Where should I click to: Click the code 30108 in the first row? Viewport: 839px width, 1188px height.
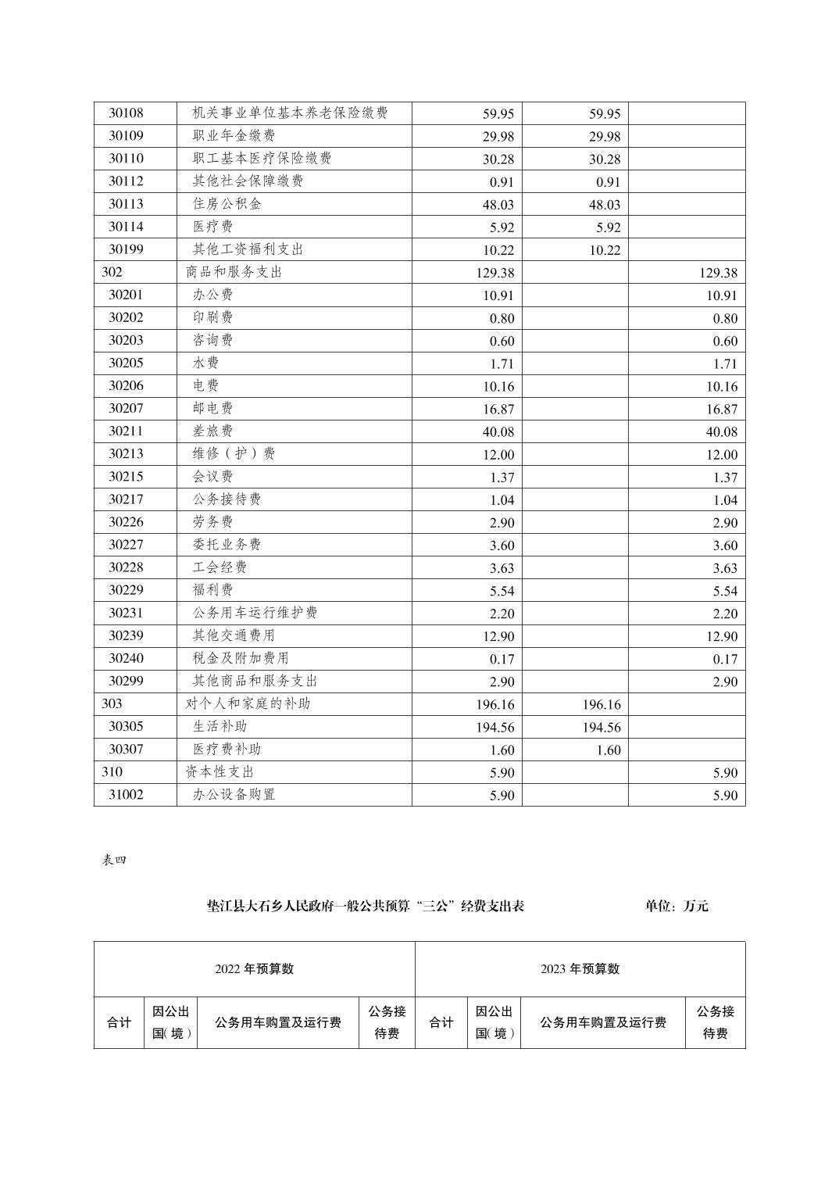pos(126,113)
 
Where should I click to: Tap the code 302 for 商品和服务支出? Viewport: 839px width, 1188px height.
pos(112,272)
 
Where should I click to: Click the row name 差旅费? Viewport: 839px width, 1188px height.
pos(212,431)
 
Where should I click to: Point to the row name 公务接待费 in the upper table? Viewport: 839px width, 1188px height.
pos(227,499)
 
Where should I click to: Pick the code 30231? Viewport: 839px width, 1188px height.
pos(126,613)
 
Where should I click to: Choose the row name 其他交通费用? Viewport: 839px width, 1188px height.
pos(234,635)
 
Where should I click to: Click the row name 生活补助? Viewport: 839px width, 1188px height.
pos(220,726)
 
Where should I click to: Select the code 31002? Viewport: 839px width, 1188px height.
pos(126,795)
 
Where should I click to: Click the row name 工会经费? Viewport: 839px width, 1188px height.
pos(220,567)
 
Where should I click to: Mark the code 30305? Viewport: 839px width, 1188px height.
pos(126,726)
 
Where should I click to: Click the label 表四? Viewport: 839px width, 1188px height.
pos(113,860)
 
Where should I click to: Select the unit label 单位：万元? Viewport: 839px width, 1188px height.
pos(676,907)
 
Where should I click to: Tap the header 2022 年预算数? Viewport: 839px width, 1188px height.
pos(255,969)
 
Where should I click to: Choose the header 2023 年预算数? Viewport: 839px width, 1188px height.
pos(580,969)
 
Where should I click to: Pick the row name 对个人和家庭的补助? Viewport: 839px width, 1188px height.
pos(248,703)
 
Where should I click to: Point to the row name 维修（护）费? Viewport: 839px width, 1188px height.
pos(234,453)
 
